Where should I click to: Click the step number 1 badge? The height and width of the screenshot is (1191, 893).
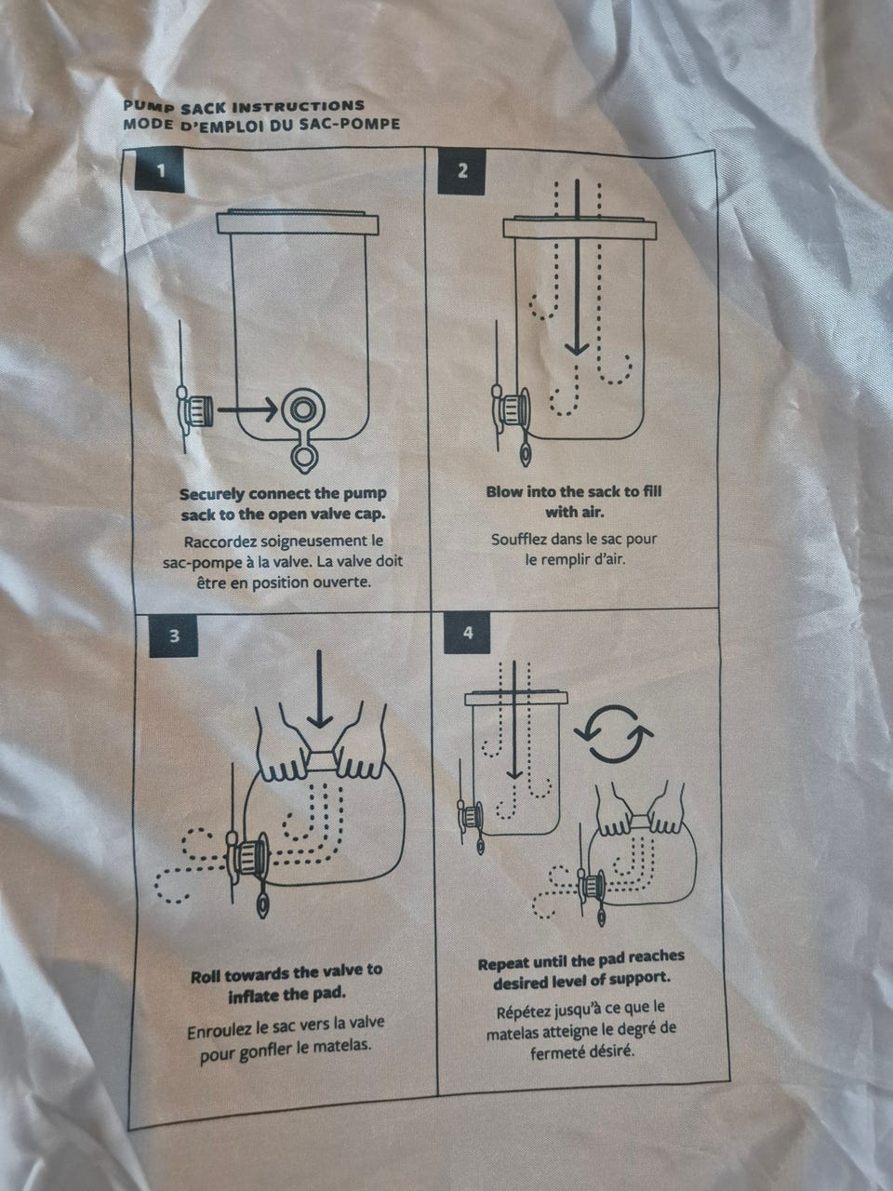pyautogui.click(x=160, y=171)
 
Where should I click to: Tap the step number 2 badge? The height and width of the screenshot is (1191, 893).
pyautogui.click(x=462, y=171)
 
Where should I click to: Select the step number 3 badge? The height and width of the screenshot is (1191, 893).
pyautogui.click(x=174, y=636)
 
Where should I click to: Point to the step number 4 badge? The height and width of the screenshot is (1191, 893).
pyautogui.click(x=468, y=633)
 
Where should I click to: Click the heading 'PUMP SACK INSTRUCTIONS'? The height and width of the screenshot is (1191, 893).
pyautogui.click(x=244, y=106)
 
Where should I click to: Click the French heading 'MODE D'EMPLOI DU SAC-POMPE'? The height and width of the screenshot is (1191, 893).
pyautogui.click(x=261, y=125)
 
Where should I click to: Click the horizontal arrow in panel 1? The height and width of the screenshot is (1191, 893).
pyautogui.click(x=247, y=408)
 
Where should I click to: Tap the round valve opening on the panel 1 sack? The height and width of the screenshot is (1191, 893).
pyautogui.click(x=302, y=409)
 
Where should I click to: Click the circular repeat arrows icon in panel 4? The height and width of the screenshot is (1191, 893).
pyautogui.click(x=613, y=733)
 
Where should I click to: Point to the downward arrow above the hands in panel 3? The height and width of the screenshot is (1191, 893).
pyautogui.click(x=319, y=689)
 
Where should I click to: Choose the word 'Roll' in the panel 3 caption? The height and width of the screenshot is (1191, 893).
pyautogui.click(x=206, y=978)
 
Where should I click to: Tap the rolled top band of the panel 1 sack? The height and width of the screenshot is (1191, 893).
pyautogui.click(x=297, y=223)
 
